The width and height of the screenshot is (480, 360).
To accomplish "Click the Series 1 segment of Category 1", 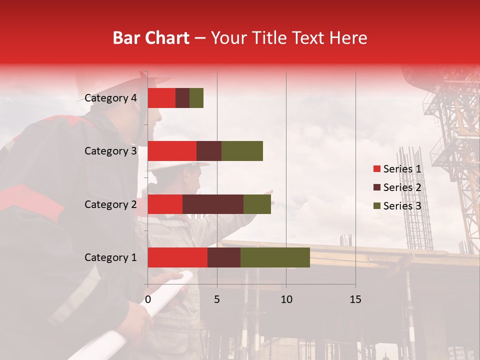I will click(177, 257).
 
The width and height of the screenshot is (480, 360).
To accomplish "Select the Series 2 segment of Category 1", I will click(224, 257).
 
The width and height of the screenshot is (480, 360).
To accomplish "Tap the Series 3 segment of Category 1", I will click(275, 257).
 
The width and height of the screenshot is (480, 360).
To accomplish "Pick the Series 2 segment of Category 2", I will click(213, 204).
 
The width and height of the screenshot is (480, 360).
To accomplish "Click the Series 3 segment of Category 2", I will click(257, 204).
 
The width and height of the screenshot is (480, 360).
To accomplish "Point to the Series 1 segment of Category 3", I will click(172, 151).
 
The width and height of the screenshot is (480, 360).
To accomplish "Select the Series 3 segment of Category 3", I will click(242, 151).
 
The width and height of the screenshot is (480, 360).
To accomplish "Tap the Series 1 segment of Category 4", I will click(161, 98).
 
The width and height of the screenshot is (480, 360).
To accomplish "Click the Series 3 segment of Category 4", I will click(196, 98).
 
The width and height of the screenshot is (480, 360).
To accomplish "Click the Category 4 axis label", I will click(110, 98).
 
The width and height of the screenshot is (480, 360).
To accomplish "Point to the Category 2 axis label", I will click(110, 204).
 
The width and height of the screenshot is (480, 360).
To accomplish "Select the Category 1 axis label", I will click(110, 257).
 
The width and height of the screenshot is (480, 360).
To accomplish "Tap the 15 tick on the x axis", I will click(355, 299).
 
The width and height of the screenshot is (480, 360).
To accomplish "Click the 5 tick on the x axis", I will click(217, 299).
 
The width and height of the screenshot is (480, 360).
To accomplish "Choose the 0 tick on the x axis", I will click(148, 299).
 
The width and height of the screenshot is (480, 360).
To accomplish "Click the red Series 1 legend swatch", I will click(376, 169).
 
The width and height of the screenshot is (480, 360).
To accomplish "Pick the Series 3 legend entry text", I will click(402, 206).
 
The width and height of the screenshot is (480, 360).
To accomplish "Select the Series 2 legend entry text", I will click(402, 187).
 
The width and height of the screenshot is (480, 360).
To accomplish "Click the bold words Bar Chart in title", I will click(151, 38).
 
